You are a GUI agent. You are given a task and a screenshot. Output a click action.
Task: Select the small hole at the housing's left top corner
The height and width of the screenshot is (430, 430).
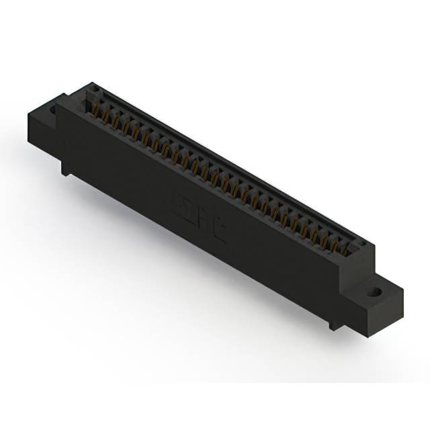click(95, 88)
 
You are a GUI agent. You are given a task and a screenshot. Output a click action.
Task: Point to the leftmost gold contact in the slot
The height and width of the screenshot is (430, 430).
click(96, 112)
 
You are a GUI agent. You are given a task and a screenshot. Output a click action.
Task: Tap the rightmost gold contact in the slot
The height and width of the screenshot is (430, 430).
click(344, 249)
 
